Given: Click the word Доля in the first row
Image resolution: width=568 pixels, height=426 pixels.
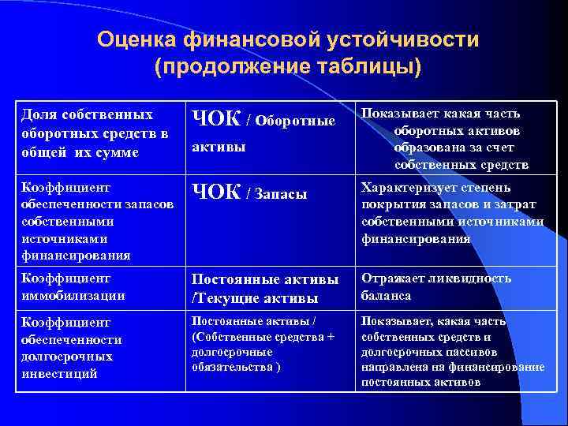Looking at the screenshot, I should coord(37,114).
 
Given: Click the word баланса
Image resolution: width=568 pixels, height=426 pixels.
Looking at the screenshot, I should coord(387,296).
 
